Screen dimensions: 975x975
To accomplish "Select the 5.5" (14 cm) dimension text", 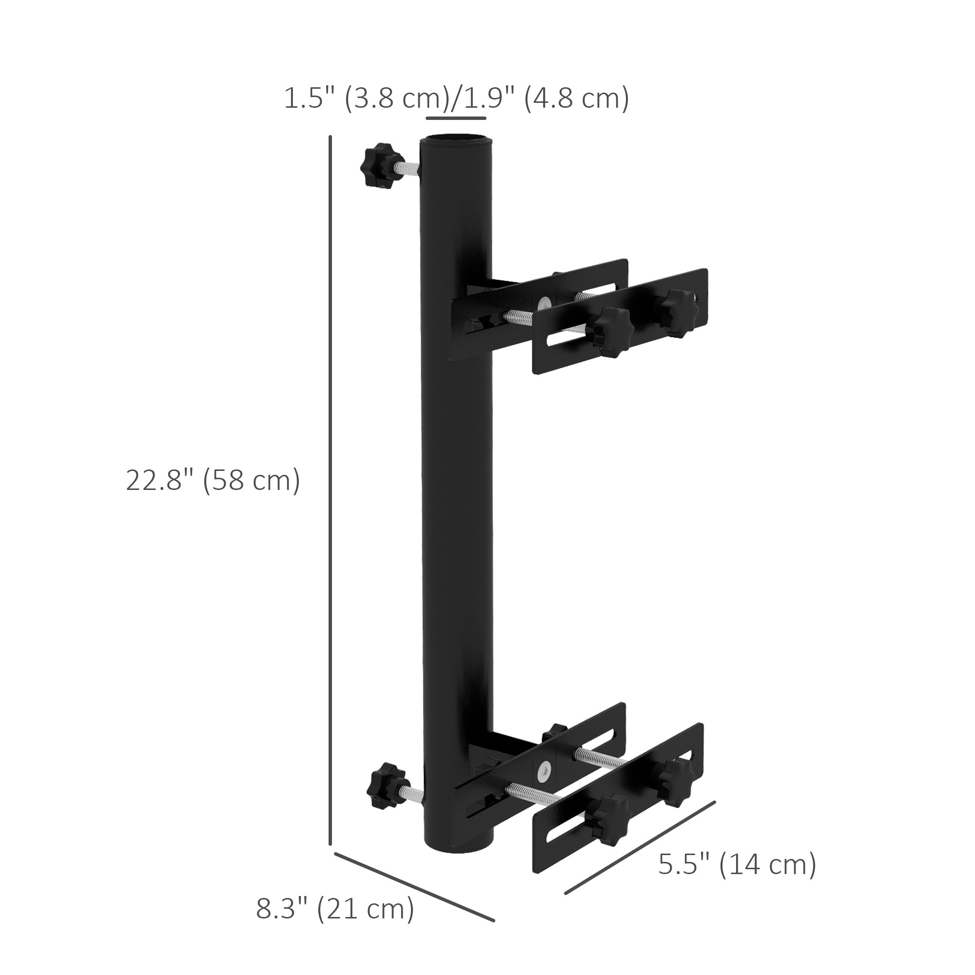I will coord(737,865).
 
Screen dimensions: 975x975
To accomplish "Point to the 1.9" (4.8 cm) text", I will coord(546,98).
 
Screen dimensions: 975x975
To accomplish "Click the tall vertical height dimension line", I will coord(330,489).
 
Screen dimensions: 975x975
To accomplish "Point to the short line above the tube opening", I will coord(456,118).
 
